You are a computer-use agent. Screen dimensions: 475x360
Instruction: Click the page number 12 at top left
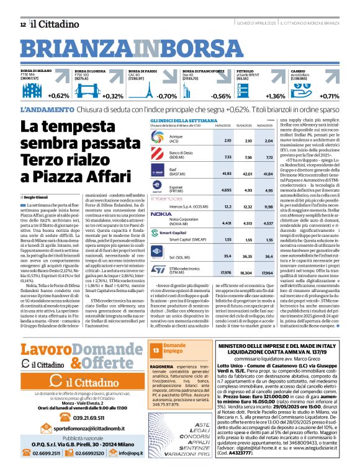tap(23, 24)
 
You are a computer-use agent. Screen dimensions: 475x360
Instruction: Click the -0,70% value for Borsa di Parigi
tap(166, 96)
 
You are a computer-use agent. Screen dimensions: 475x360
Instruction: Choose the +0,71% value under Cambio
tap(329, 96)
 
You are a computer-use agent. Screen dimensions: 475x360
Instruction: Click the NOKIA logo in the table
tap(161, 213)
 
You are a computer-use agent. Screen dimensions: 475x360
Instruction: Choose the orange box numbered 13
tap(156, 350)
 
